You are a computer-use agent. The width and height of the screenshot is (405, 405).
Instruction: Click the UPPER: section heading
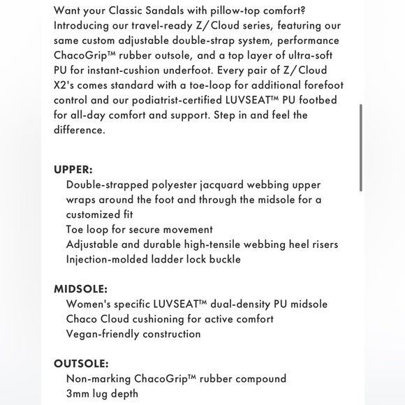pyautogui.click(x=73, y=170)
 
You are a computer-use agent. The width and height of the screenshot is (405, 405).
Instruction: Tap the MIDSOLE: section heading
pyautogui.click(x=80, y=288)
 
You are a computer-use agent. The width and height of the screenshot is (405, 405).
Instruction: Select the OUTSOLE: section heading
pyautogui.click(x=81, y=363)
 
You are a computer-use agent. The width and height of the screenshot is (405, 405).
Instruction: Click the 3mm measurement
pyautogui.click(x=78, y=393)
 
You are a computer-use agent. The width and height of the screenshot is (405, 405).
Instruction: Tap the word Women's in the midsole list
pyautogui.click(x=89, y=304)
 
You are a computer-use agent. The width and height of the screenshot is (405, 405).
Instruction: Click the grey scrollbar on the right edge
pyautogui.click(x=361, y=147)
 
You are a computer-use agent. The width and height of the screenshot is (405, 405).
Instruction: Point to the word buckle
pyautogui.click(x=223, y=259)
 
